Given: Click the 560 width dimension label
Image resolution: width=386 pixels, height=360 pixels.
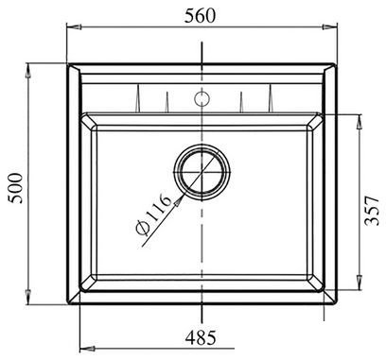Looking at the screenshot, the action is [200, 16].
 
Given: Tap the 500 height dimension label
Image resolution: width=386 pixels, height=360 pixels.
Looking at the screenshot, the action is [15, 188].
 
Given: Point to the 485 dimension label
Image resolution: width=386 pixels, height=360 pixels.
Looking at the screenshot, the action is [201, 337].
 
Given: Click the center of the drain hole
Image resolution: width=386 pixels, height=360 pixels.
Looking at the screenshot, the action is [202, 172].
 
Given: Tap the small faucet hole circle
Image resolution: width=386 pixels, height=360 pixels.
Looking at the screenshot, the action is [202, 98].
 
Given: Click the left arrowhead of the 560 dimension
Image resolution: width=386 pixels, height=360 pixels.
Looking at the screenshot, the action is [75, 27].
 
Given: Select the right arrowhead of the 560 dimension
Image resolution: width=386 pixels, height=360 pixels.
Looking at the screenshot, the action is [330, 27].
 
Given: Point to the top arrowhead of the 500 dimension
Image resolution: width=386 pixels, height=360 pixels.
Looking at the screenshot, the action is [27, 71].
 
